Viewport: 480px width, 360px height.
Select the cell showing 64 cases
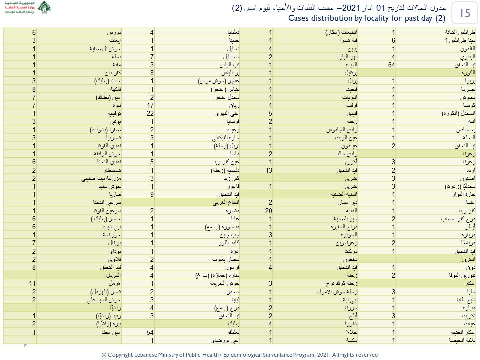[394, 65]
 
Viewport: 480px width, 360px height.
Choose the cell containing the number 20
[270, 211]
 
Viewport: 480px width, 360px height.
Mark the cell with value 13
[270, 170]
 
